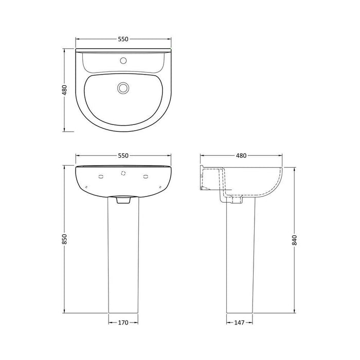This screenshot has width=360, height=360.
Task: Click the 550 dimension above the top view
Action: (123, 39)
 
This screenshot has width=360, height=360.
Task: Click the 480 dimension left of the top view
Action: (64, 90)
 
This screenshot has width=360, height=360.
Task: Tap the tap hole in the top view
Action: (123, 60)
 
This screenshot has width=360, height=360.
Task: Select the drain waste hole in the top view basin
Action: (123, 88)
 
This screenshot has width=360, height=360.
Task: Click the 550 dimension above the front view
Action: (123, 156)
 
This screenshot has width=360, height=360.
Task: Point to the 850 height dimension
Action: (64, 239)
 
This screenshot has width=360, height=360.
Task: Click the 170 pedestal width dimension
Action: (123, 322)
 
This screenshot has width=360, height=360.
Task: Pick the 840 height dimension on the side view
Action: (295, 240)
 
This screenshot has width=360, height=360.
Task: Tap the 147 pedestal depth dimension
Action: (239, 322)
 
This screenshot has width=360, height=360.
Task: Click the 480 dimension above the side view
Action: (241, 156)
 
